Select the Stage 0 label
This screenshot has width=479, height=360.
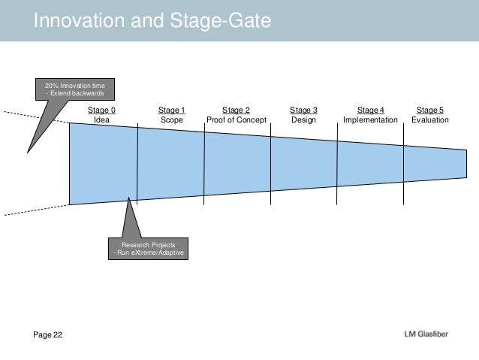pyautogui.click(x=102, y=110)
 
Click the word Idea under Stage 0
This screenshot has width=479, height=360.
pyautogui.click(x=102, y=120)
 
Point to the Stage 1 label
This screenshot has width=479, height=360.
pyautogui.click(x=171, y=110)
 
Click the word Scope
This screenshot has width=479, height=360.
pyautogui.click(x=171, y=120)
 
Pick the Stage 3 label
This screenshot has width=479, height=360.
pyautogui.click(x=303, y=110)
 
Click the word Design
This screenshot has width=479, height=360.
pyautogui.click(x=303, y=120)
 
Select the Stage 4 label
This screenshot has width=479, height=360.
pyautogui.click(x=370, y=110)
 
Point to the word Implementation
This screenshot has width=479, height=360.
pyautogui.click(x=370, y=120)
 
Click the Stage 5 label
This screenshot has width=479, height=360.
pyautogui.click(x=430, y=110)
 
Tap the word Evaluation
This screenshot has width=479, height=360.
pyautogui.click(x=430, y=120)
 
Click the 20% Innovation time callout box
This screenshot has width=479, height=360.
pyautogui.click(x=76, y=91)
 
